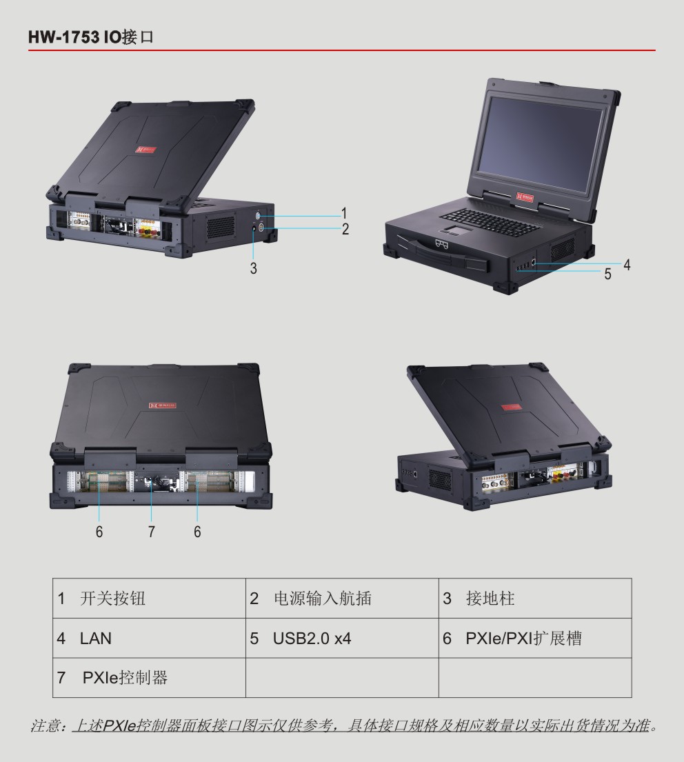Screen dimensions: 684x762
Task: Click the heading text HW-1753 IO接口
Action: [x=91, y=37]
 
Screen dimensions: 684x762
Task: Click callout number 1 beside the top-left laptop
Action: [x=344, y=213]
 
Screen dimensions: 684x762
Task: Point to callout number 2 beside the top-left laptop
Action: [x=345, y=229]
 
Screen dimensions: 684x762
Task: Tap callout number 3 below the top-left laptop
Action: [x=253, y=268]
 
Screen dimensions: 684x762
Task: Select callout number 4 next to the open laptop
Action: [x=627, y=265]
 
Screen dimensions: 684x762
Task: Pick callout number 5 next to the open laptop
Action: [x=607, y=274]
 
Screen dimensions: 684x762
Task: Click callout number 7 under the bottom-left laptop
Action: [x=152, y=532]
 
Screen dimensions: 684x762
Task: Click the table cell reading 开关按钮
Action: [x=149, y=599]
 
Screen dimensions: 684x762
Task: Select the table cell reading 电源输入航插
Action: [x=342, y=599]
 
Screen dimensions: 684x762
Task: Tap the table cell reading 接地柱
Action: [x=535, y=599]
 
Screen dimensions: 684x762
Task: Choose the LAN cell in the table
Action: [x=149, y=638]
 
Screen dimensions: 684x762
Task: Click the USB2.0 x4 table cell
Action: [x=342, y=638]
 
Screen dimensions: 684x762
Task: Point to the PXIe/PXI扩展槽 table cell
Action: [x=535, y=638]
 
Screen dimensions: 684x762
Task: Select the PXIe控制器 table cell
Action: [x=149, y=677]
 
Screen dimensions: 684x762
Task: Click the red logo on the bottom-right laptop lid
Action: [x=511, y=408]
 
